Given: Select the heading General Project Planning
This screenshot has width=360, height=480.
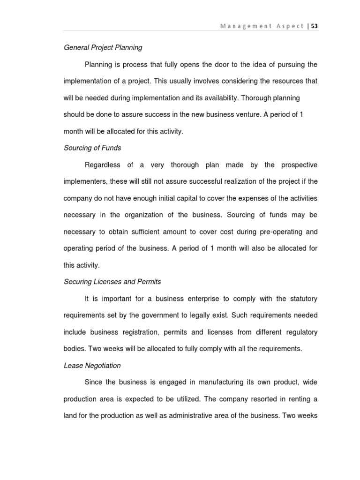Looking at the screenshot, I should click(x=103, y=47).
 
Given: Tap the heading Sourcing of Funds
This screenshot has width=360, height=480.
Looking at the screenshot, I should click(x=92, y=148).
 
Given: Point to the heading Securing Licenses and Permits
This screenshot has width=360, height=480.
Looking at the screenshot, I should click(x=112, y=282).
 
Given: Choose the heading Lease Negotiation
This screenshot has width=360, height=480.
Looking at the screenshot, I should click(x=92, y=365).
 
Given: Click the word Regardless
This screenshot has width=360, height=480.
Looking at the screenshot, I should click(x=103, y=165).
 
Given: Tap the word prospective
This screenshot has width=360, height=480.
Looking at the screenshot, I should click(x=299, y=165).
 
